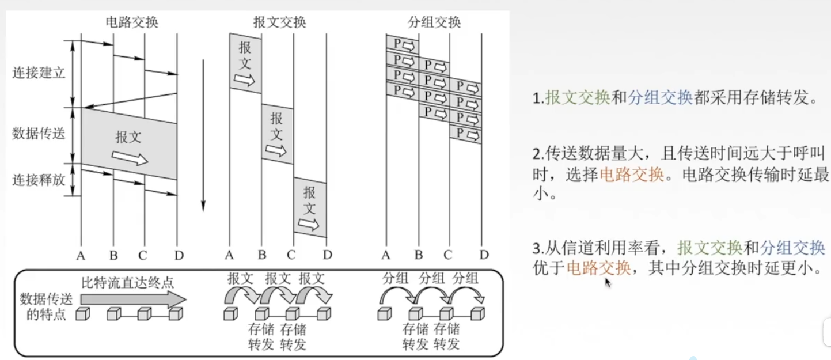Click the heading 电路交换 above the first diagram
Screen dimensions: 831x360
click(132, 22)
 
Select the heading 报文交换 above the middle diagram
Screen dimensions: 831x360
click(279, 22)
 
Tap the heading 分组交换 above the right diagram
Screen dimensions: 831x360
click(434, 22)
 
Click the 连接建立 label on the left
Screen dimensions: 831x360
click(39, 73)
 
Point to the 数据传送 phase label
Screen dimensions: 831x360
click(39, 134)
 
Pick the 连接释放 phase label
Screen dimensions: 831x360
click(39, 180)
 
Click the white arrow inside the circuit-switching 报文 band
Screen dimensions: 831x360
click(130, 157)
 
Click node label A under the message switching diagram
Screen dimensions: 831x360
click(229, 255)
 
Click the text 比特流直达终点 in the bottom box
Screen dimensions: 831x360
click(127, 282)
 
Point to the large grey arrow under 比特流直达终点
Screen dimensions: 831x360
click(133, 299)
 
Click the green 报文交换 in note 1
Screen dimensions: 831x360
click(577, 98)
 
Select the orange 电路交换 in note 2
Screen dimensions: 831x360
click(632, 174)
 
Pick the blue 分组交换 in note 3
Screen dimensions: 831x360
click(792, 248)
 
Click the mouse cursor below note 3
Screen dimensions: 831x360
click(607, 282)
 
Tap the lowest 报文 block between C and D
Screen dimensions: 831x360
click(310, 207)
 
